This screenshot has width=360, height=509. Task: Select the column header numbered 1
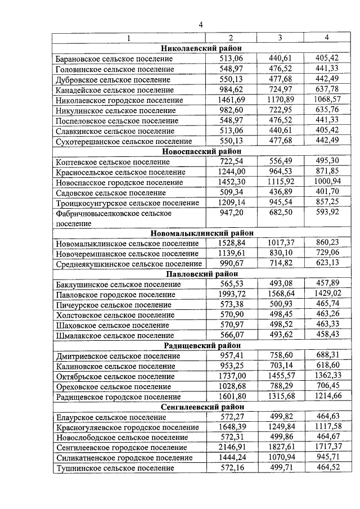tap(128, 38)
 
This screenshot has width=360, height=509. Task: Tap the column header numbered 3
tap(280, 38)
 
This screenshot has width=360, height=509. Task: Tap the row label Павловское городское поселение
tap(115, 294)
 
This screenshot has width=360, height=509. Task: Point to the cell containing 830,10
tap(280, 253)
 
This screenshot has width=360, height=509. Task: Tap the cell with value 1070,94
tap(280, 458)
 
